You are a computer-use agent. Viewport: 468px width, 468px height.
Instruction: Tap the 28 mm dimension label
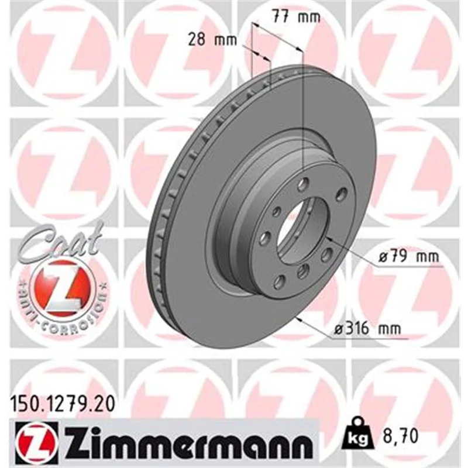212,40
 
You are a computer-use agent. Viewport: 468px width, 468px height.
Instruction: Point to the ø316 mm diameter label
367,329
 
